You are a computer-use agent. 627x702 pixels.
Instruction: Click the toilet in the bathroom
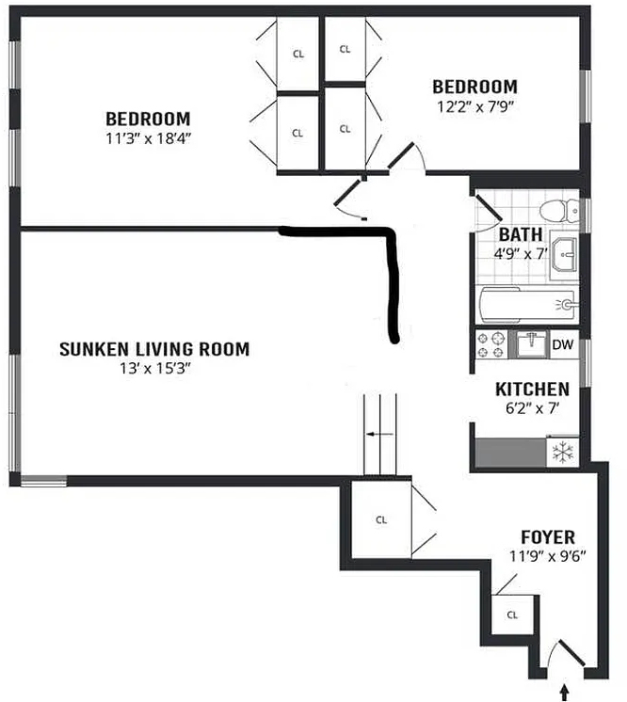pos(559,210)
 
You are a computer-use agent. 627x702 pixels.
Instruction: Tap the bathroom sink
pos(564,254)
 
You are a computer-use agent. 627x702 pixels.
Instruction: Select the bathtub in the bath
pos(527,305)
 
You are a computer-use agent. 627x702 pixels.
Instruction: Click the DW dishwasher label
pos(562,344)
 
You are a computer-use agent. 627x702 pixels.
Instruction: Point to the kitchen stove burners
pos(490,344)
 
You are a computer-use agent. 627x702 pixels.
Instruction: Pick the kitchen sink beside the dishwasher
pos(532,343)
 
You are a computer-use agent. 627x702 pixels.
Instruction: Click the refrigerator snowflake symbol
pos(561,453)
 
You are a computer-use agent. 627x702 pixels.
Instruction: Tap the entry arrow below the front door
pos(564,692)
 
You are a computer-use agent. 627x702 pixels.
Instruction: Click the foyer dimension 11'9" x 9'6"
pos(548,556)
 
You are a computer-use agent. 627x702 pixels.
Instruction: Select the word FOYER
pos(548,536)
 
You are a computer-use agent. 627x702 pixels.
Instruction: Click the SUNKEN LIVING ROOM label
pos(154,349)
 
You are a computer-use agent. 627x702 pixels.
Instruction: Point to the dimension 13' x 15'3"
pos(155,369)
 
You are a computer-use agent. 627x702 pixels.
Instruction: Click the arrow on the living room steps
pos(379,434)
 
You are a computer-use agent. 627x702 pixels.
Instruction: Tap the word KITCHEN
pos(532,389)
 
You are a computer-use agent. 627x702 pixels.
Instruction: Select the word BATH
pos(521,234)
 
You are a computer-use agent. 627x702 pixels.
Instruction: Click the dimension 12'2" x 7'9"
pos(474,107)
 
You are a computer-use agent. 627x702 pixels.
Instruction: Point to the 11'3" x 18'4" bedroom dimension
pos(148,138)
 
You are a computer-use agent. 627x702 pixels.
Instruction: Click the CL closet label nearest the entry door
pos(512,614)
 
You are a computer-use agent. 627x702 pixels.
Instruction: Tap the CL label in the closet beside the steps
pos(381,519)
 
